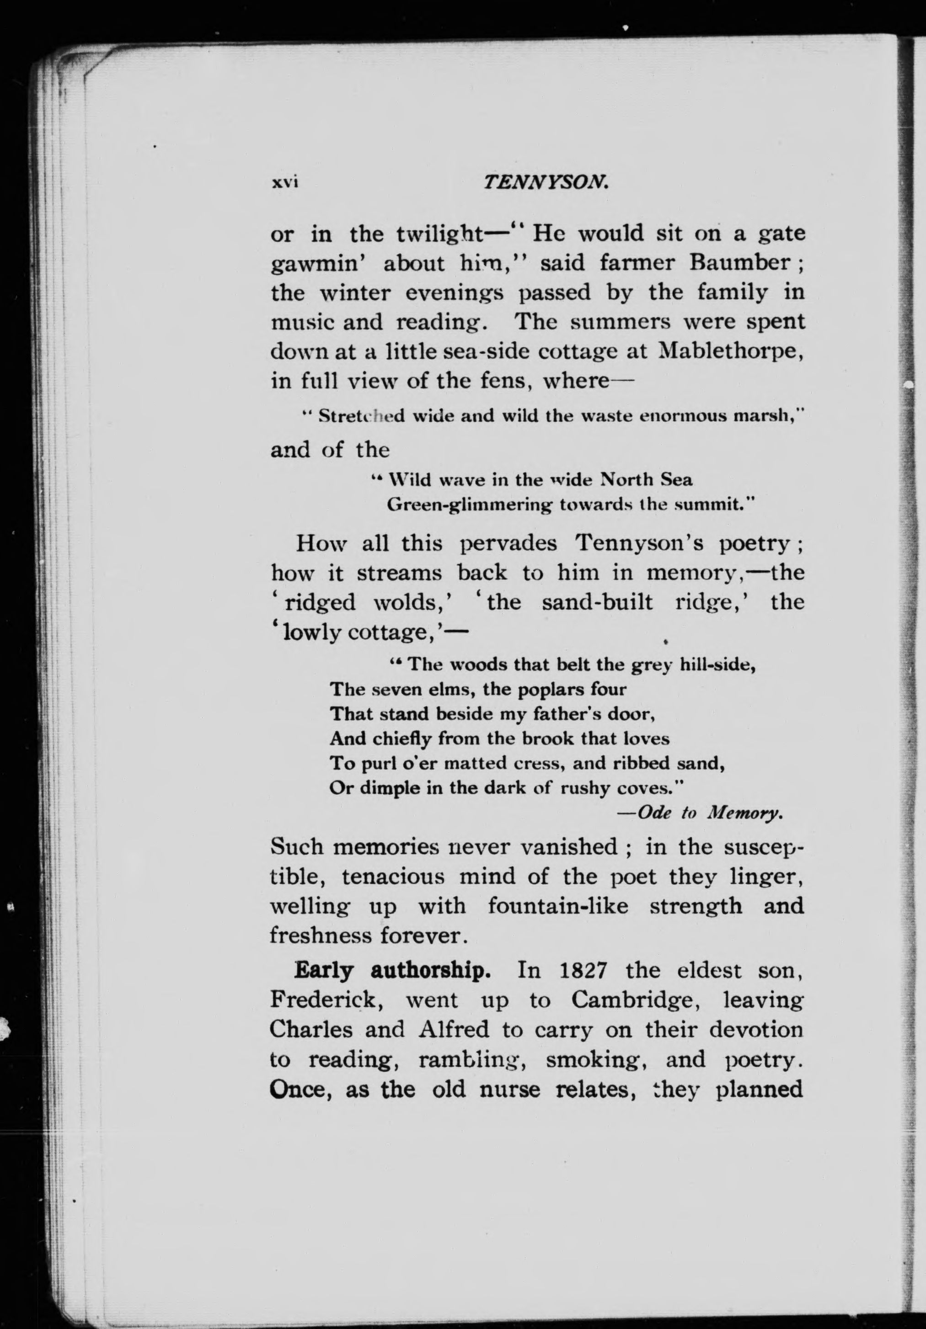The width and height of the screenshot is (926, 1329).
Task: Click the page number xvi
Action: pos(284,183)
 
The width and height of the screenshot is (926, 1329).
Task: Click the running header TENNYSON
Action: pos(545,183)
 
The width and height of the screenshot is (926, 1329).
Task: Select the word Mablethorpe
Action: pos(731,351)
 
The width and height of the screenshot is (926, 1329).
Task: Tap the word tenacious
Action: pos(393,877)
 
